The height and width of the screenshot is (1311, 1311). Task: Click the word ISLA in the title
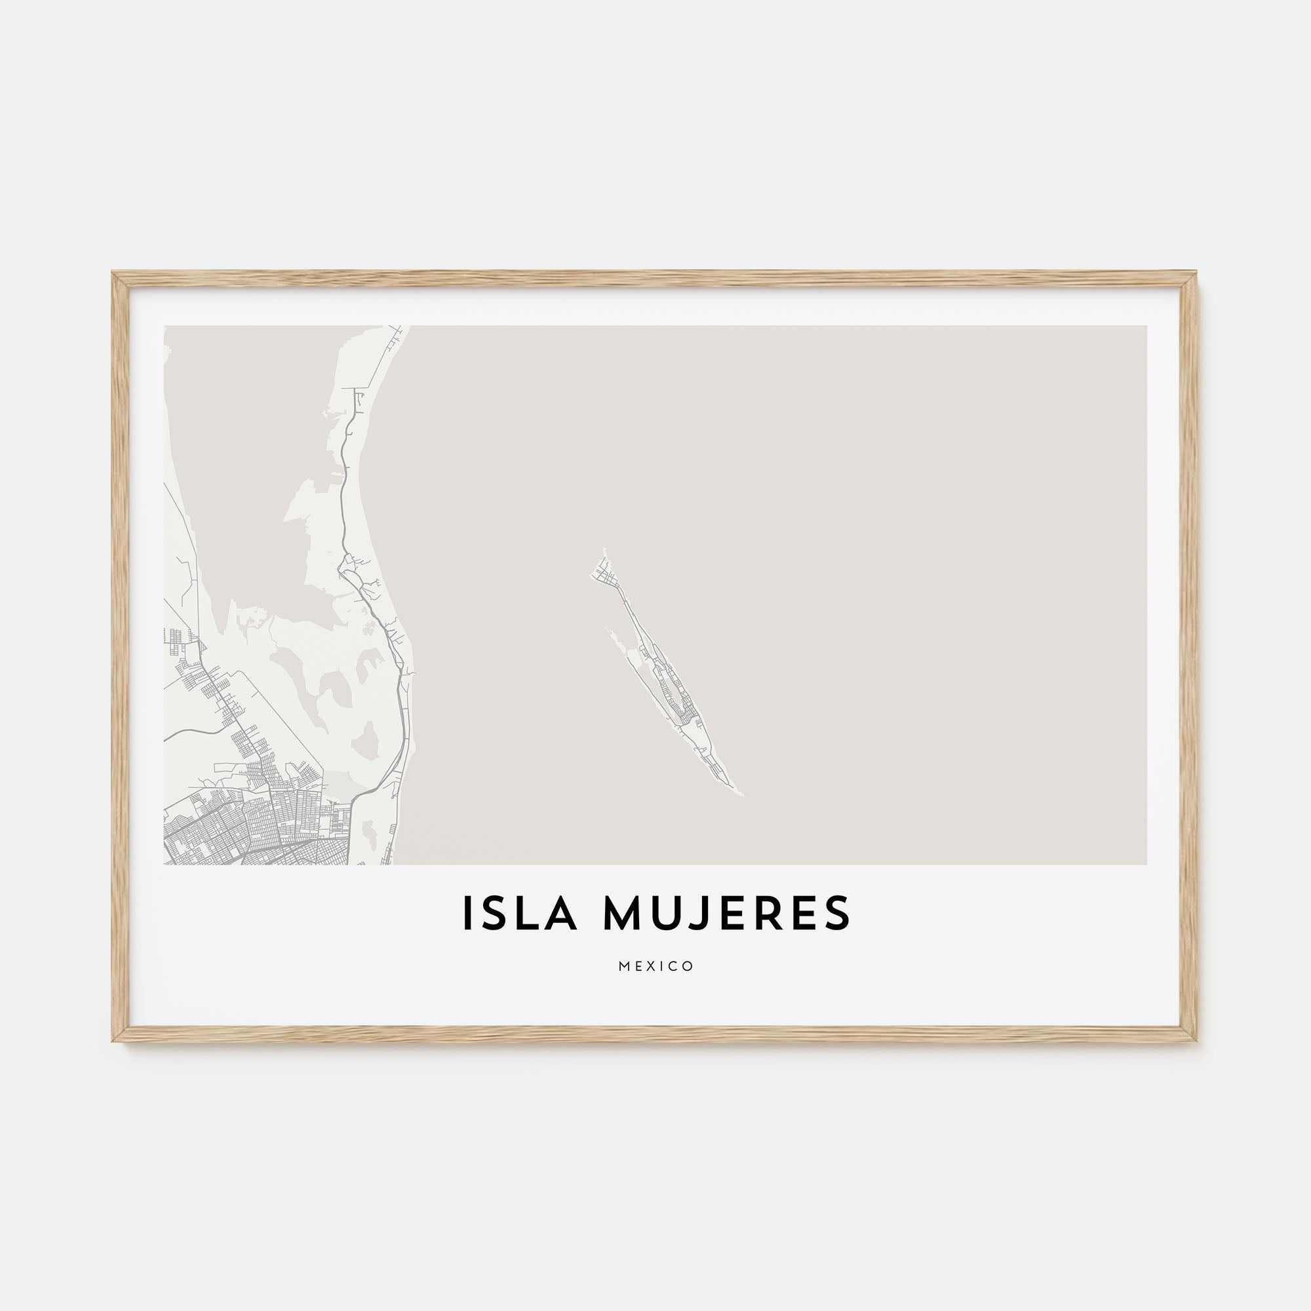[x=520, y=912]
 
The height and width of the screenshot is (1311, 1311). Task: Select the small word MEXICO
[x=655, y=966]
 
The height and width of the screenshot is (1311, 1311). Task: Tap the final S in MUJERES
[x=840, y=912]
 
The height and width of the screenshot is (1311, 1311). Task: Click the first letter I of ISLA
[x=467, y=912]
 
